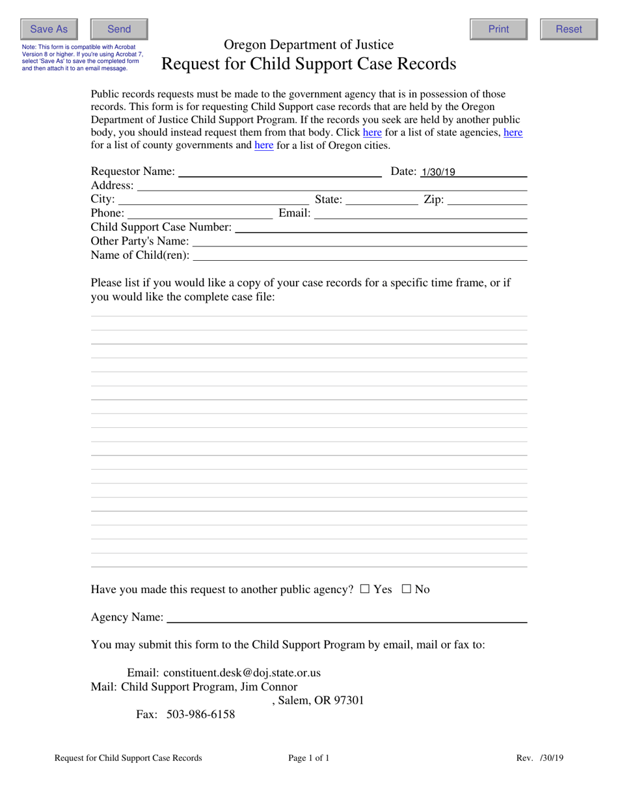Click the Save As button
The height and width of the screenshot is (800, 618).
click(x=49, y=29)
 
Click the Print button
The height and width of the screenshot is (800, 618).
click(x=498, y=29)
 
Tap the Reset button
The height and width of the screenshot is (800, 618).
click(x=569, y=29)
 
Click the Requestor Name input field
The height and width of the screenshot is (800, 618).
click(x=280, y=171)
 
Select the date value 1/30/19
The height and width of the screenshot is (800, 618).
click(x=438, y=172)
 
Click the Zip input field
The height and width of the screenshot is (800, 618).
click(x=487, y=199)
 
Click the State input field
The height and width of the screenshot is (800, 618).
click(x=382, y=199)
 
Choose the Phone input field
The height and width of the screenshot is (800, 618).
click(x=200, y=213)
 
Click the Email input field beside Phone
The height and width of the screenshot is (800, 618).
click(x=420, y=213)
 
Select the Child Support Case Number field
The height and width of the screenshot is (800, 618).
click(x=381, y=227)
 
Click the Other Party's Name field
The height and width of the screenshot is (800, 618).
click(x=360, y=241)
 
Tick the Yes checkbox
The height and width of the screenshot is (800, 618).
click(x=364, y=589)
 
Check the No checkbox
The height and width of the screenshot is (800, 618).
click(x=407, y=589)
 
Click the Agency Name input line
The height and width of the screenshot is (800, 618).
click(x=346, y=617)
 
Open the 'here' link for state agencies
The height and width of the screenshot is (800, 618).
click(x=372, y=132)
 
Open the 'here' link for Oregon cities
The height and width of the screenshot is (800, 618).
click(x=263, y=145)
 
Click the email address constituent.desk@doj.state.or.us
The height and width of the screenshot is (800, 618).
click(x=242, y=673)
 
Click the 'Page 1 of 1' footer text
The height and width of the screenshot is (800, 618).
click(x=309, y=758)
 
